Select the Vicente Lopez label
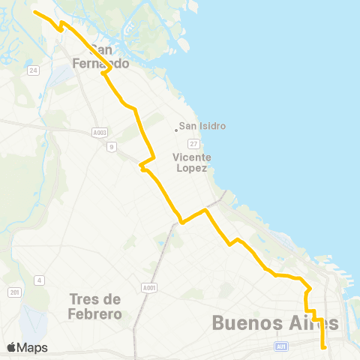pos(192,162)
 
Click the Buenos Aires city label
pos(275,322)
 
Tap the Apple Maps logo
pos(27,347)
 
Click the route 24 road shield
pos(33,70)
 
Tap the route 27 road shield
pos(193,143)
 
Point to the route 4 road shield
pos(37,280)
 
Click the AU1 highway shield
pos(282,346)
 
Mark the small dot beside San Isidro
pos(175,129)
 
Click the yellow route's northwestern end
pos(35,12)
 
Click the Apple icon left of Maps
pos(11,347)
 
